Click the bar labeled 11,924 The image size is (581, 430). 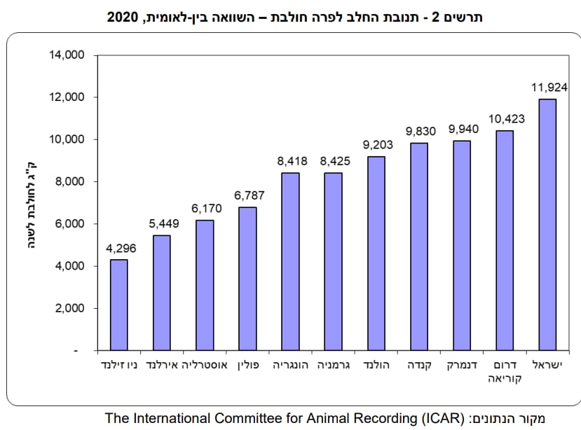click(x=547, y=224)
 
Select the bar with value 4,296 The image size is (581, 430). click(x=119, y=305)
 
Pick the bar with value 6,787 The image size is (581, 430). click(x=247, y=279)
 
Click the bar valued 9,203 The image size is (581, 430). click(x=376, y=253)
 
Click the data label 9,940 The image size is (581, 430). click(x=463, y=130)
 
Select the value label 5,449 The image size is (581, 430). click(x=162, y=225)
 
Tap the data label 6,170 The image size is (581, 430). click(x=205, y=209)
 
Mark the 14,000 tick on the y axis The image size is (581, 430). click(x=67, y=55)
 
